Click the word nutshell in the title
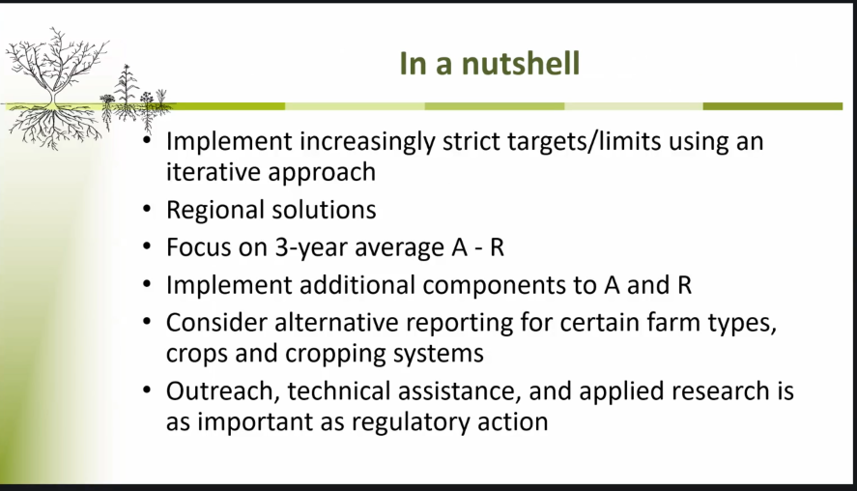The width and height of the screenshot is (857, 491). click(521, 63)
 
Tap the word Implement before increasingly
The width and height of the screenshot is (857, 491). click(230, 142)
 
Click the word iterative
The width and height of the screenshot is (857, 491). click(214, 172)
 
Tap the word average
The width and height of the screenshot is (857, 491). click(400, 247)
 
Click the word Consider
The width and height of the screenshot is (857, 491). click(216, 323)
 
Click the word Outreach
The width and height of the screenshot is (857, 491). click(222, 390)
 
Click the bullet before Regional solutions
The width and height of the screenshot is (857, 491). click(147, 209)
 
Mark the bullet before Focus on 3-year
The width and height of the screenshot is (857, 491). click(147, 246)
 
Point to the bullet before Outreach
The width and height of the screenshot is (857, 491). click(147, 390)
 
